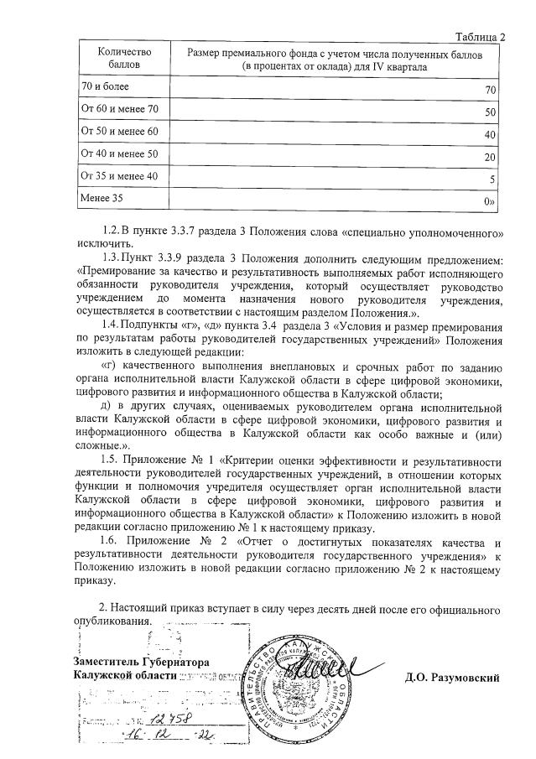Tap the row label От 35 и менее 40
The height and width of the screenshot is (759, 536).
[118, 176]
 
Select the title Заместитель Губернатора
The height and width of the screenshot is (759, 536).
[140, 662]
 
